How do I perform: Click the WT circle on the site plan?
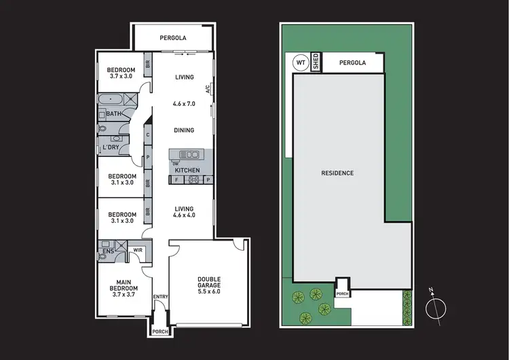point(300,63)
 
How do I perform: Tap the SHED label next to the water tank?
point(315,62)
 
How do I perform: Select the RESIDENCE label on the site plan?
point(337,173)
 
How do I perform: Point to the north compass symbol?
point(436,308)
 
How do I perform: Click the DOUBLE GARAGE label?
point(209,282)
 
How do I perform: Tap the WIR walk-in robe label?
point(137,250)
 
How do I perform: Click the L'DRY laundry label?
point(110,147)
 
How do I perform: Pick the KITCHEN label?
point(188,170)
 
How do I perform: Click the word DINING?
point(183,130)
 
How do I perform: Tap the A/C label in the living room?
point(209,88)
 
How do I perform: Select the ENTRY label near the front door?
point(160,296)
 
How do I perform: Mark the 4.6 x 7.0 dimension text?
point(183,104)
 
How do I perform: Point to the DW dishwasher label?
point(175,163)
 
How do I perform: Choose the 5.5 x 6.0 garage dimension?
point(209,294)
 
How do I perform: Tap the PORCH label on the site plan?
point(343,293)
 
